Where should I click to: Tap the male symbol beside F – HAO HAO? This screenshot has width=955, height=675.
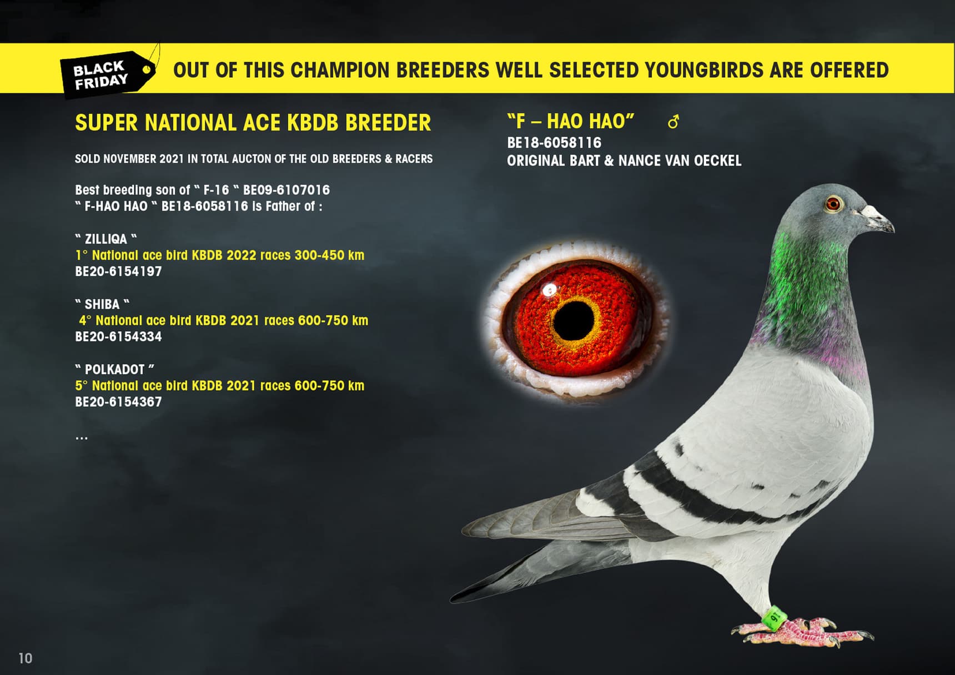point(673,122)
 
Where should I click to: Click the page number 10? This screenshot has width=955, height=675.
point(26,658)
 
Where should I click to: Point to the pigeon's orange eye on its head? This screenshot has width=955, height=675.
point(832,204)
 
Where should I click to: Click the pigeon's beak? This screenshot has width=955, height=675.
point(878,218)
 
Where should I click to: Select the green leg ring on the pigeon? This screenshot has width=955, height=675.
point(773,617)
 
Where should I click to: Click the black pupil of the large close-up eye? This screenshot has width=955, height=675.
point(574,320)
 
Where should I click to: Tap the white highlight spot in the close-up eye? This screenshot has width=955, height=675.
point(550,289)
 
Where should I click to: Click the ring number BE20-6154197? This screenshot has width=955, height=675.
point(118,271)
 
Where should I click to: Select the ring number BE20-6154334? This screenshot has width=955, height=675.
point(118,336)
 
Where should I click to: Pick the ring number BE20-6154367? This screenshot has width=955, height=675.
point(118,402)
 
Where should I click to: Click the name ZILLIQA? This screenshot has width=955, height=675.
point(106,239)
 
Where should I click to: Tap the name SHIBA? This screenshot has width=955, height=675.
point(102,304)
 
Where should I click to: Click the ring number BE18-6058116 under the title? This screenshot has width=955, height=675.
point(554,143)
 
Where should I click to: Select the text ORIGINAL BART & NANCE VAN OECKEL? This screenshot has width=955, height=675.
point(624,161)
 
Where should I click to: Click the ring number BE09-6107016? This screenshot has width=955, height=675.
point(286,190)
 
